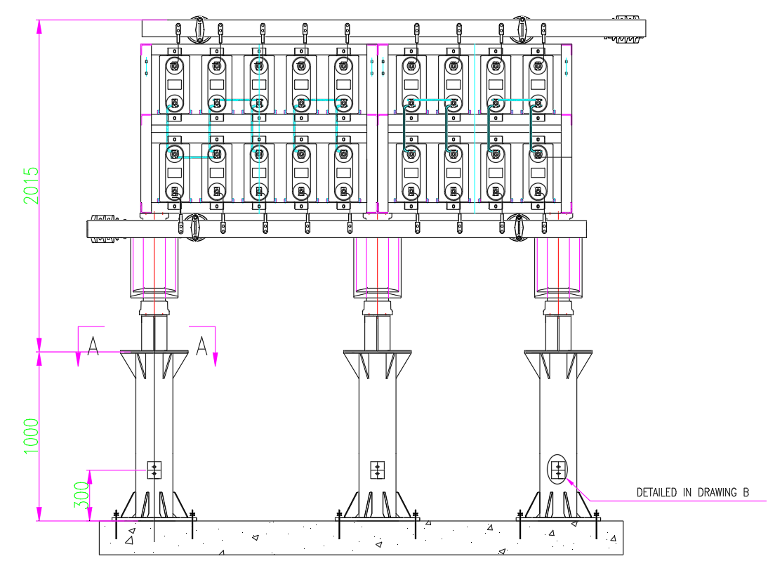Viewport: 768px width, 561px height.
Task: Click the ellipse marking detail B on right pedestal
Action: pyautogui.click(x=558, y=470)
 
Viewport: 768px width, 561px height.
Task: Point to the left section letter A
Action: pyautogui.click(x=93, y=347)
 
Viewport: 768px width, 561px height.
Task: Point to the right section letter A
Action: pyautogui.click(x=201, y=347)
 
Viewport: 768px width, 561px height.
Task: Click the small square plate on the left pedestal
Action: pyautogui.click(x=154, y=470)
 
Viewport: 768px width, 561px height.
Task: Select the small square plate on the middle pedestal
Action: pyautogui.click(x=378, y=470)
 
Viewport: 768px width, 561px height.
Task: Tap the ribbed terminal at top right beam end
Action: pyautogui.click(x=629, y=28)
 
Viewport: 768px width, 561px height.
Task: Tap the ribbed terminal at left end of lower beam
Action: pyautogui.click(x=102, y=229)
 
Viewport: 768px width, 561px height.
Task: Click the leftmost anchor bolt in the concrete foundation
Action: pyautogui.click(x=115, y=526)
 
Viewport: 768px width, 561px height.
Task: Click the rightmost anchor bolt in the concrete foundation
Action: pyautogui.click(x=597, y=526)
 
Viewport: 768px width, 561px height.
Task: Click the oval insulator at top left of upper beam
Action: pyautogui.click(x=199, y=28)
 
